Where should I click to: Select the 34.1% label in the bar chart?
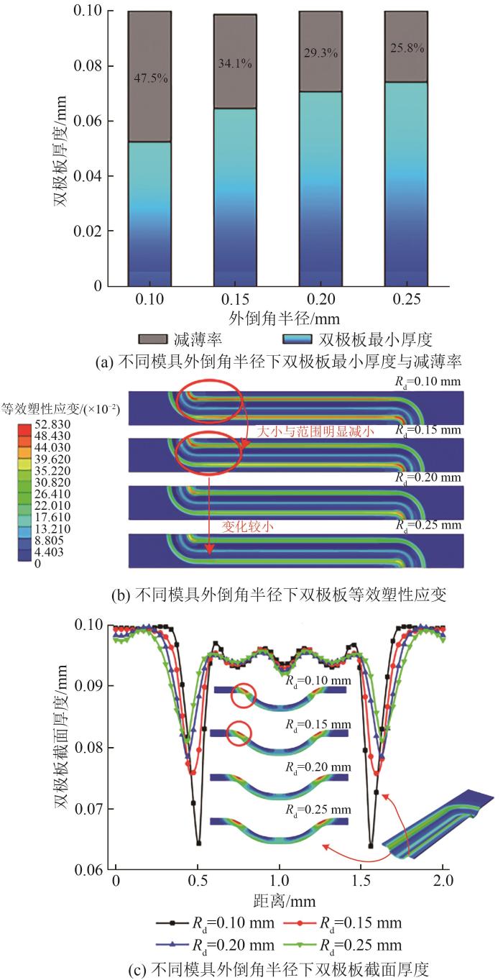click(x=234, y=64)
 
